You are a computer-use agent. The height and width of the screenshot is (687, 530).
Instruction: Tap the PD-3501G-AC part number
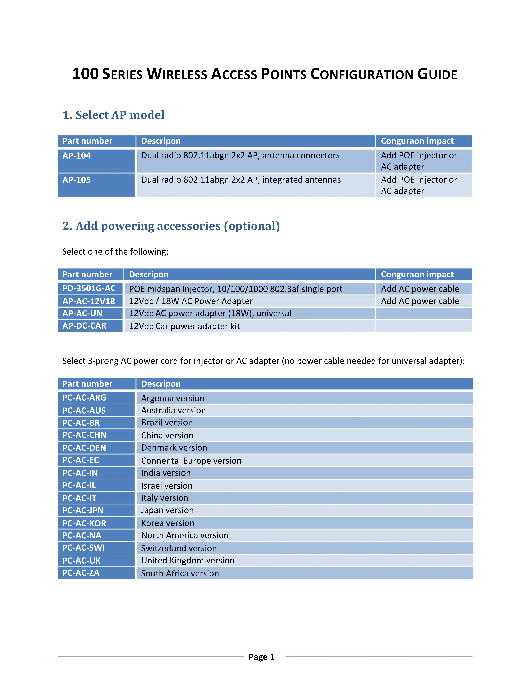point(89,288)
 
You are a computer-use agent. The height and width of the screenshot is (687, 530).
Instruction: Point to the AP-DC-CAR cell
point(84,326)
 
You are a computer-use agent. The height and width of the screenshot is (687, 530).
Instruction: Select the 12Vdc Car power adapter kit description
point(184,326)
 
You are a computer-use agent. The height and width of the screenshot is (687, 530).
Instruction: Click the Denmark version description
point(174,448)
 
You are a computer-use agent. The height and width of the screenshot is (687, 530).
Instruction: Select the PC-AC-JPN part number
point(83,510)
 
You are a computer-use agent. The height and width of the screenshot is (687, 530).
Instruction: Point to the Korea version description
point(167,523)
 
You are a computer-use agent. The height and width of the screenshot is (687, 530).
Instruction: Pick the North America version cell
point(185,535)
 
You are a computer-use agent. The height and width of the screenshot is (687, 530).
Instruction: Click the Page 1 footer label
point(261,657)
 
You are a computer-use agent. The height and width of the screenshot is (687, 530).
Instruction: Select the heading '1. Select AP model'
point(113,115)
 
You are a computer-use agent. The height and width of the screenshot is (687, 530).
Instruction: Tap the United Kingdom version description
point(188,561)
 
